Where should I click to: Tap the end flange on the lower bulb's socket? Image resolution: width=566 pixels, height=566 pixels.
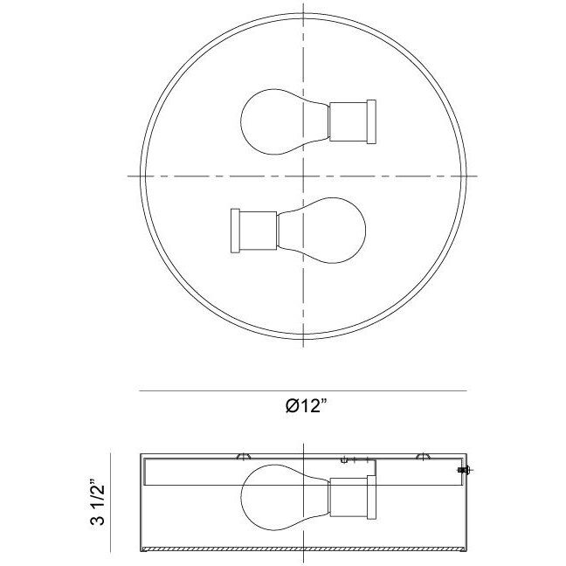pyautogui.click(x=233, y=231)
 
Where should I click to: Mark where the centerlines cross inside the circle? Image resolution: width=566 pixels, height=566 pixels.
pyautogui.click(x=302, y=176)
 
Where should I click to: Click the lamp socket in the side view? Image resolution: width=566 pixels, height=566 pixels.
pyautogui.click(x=350, y=499)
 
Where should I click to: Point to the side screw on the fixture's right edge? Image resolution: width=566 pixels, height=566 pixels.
pyautogui.click(x=462, y=471)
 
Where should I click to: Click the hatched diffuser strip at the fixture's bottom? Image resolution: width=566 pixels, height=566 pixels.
pyautogui.click(x=302, y=549)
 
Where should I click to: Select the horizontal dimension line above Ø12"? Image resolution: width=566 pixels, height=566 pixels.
pyautogui.click(x=302, y=390)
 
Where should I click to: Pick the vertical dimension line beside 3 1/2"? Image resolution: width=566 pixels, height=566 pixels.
pyautogui.click(x=110, y=502)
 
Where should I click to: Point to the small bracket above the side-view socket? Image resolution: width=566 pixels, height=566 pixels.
pyautogui.click(x=355, y=459)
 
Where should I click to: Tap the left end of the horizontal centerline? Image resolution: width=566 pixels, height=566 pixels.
pyautogui.click(x=130, y=176)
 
